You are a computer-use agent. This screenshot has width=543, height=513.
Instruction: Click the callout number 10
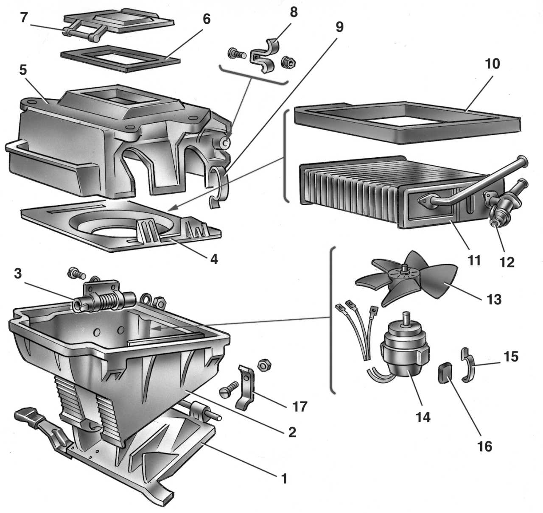(492, 64)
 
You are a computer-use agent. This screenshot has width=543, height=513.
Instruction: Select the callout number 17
(299, 406)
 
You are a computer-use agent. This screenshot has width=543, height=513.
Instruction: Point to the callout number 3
(17, 273)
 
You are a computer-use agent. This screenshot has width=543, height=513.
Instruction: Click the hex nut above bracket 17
(262, 365)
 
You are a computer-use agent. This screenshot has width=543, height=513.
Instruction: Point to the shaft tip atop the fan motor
(408, 316)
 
